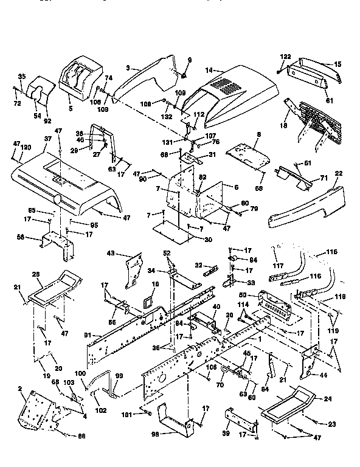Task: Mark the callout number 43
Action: coord(111,253)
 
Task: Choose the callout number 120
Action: coord(26,148)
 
